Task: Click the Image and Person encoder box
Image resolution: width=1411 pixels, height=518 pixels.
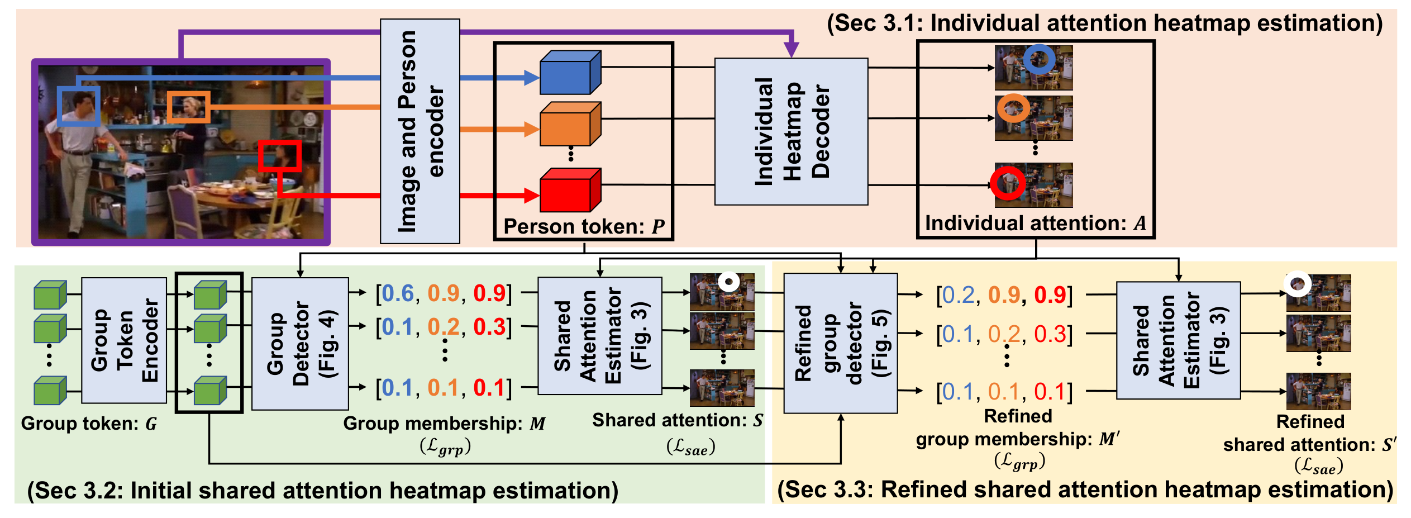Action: [420, 131]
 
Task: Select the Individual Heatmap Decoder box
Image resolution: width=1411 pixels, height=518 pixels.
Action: [791, 131]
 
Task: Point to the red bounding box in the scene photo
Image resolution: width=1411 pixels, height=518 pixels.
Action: [279, 155]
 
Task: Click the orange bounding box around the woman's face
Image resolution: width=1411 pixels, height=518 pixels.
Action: [188, 107]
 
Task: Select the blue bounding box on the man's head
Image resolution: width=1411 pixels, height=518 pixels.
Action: [78, 106]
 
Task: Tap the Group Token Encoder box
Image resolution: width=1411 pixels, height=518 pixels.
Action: [124, 340]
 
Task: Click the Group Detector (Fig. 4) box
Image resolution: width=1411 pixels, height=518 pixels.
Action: [300, 344]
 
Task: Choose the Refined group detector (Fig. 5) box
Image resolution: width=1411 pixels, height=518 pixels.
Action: [840, 343]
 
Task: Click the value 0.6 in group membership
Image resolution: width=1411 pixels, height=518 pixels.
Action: [398, 293]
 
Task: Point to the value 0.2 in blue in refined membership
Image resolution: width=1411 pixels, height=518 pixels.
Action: [958, 295]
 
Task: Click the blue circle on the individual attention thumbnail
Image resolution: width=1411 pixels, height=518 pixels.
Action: [1039, 59]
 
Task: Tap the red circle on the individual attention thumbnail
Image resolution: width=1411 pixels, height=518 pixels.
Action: [1008, 183]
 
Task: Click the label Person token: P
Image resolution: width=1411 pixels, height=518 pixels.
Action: [584, 226]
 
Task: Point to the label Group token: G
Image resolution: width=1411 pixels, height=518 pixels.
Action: [89, 424]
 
